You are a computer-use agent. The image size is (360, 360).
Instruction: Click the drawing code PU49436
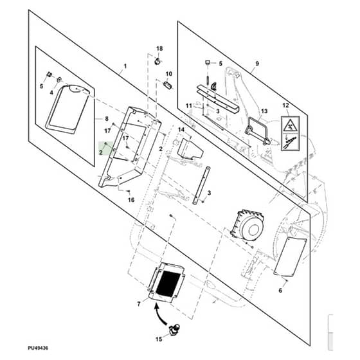click(38, 348)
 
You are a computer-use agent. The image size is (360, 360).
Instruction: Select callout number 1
click(125, 66)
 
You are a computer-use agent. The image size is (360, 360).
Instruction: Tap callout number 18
click(159, 48)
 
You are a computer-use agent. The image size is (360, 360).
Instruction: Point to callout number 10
click(168, 74)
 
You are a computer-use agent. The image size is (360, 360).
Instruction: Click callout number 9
click(257, 64)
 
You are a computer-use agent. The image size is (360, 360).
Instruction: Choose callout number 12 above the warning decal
click(285, 105)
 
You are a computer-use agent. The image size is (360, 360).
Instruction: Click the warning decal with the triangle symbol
click(291, 134)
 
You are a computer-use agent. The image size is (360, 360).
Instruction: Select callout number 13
click(264, 111)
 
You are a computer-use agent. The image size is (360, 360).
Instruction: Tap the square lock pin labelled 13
click(257, 131)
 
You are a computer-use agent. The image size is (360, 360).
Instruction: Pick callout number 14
click(181, 130)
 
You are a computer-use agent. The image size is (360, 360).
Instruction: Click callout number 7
click(139, 304)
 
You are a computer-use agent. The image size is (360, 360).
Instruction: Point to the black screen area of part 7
click(168, 283)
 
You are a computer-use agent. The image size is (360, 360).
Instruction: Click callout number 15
click(159, 339)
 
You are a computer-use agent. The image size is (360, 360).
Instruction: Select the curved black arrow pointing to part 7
click(160, 314)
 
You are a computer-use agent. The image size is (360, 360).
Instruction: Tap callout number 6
click(280, 291)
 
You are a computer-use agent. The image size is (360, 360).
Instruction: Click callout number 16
click(131, 200)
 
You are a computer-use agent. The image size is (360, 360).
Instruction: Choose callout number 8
click(107, 119)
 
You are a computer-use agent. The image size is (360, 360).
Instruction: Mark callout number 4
click(51, 93)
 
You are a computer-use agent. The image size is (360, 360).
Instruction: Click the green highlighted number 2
click(101, 152)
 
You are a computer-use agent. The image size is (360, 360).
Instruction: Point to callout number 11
click(189, 106)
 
